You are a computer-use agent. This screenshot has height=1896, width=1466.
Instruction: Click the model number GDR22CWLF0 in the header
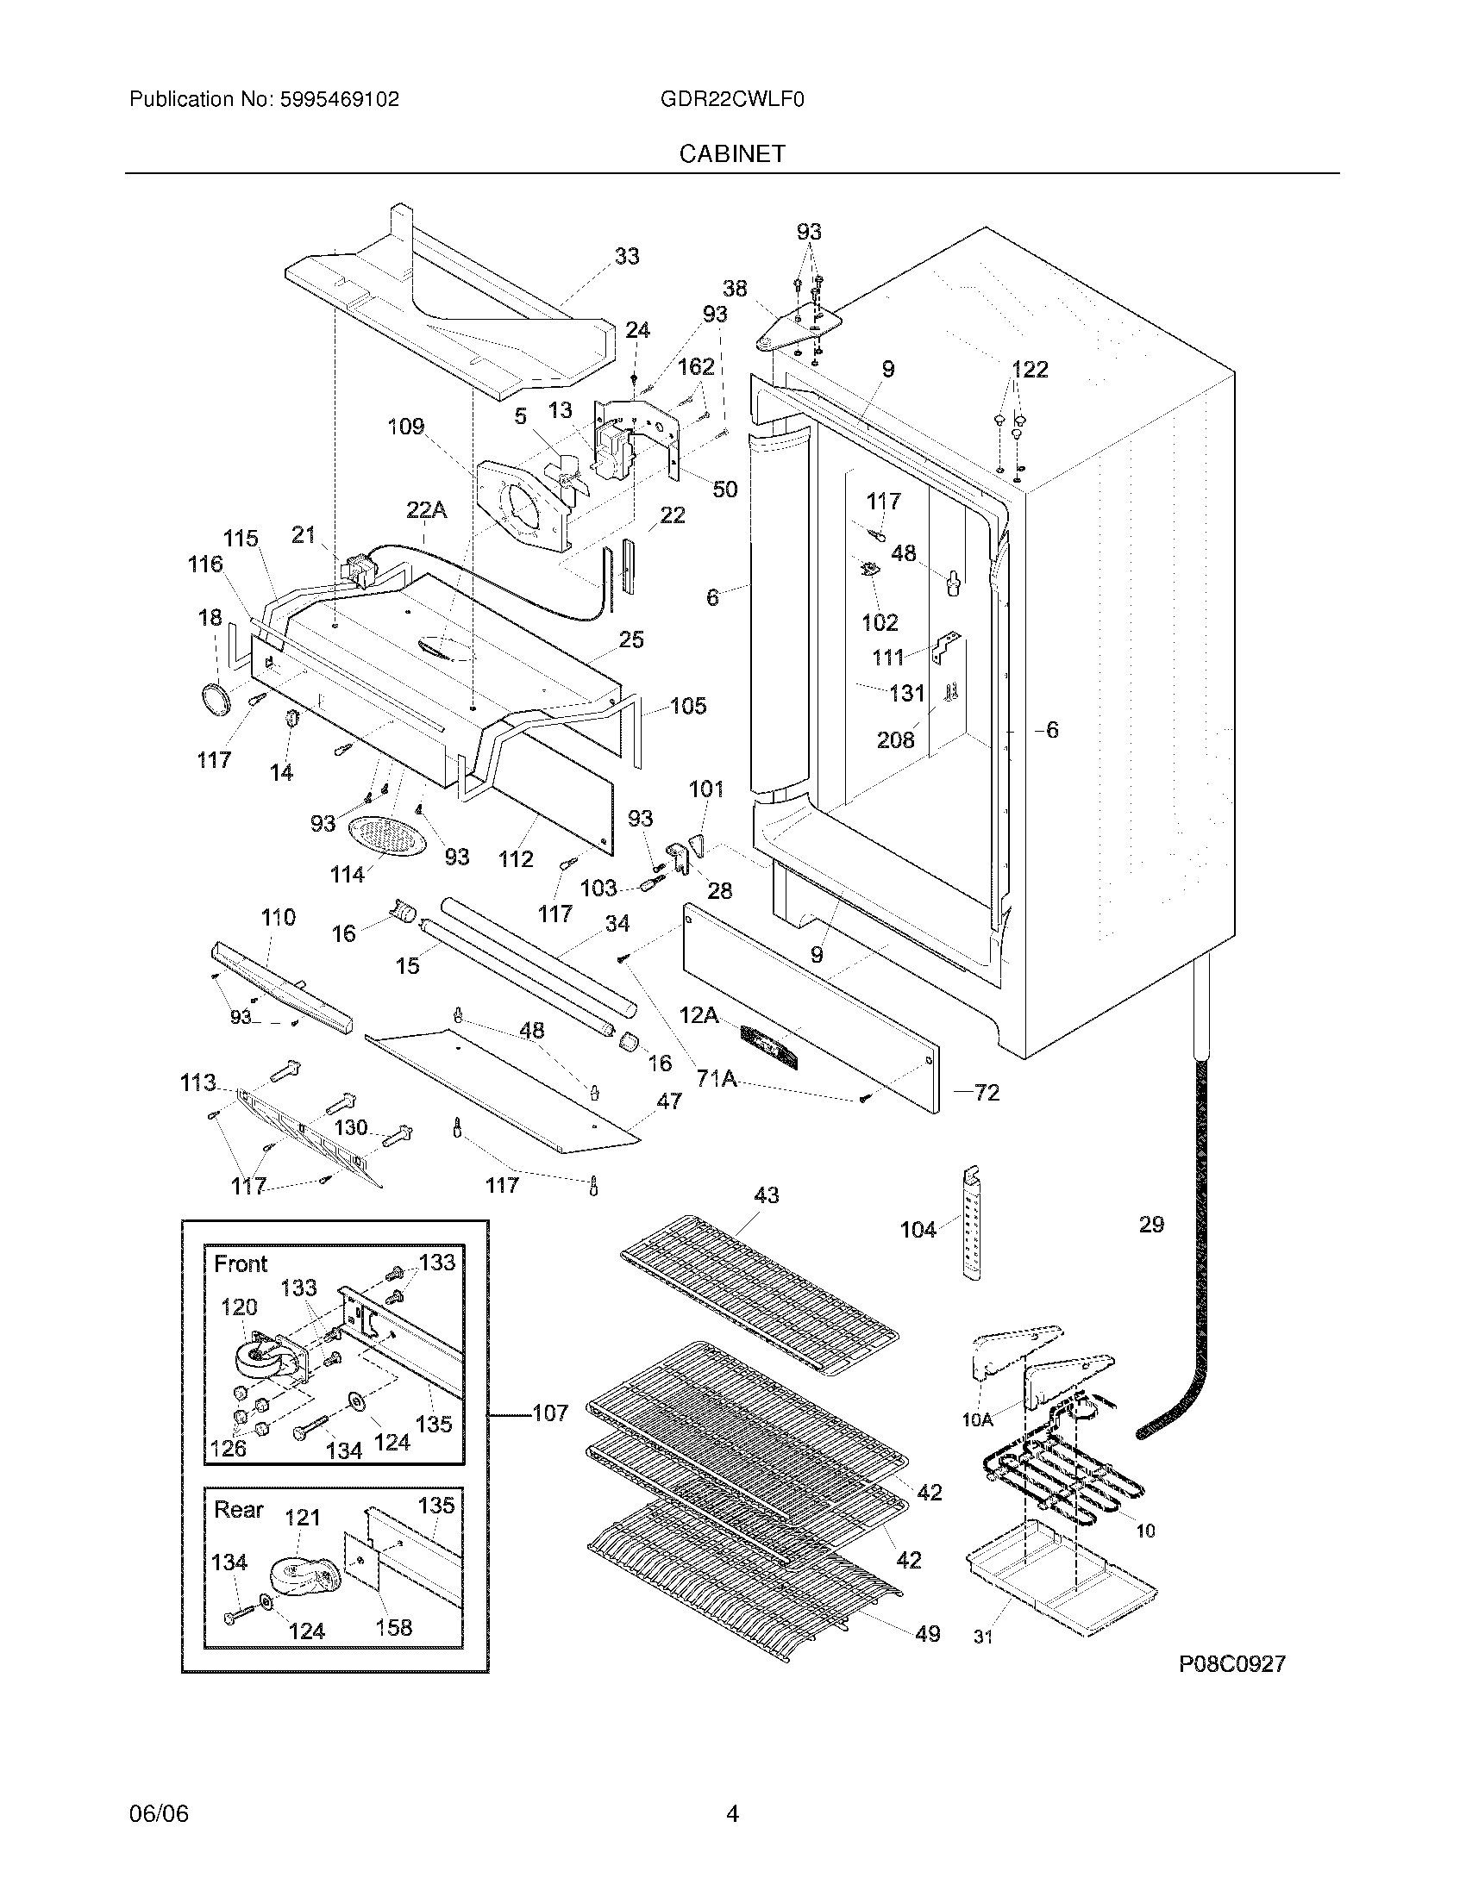(x=732, y=100)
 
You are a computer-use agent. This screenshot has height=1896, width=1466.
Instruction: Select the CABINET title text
(x=732, y=153)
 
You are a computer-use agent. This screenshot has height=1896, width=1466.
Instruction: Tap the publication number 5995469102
(x=340, y=100)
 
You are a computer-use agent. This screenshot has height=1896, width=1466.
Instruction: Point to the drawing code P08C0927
(x=1231, y=1664)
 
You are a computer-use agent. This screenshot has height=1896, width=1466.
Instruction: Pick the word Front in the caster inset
(x=241, y=1264)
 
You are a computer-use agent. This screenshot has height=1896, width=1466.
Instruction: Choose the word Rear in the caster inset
(x=238, y=1510)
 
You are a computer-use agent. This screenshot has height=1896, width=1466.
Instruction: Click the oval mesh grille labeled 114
(x=389, y=838)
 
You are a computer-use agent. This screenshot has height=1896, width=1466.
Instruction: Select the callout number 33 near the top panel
(x=627, y=256)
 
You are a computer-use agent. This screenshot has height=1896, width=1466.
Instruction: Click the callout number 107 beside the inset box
(x=550, y=1413)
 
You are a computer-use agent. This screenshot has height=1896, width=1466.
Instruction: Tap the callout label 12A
(x=699, y=1014)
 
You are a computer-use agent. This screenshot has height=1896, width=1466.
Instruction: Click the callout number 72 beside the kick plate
(x=987, y=1093)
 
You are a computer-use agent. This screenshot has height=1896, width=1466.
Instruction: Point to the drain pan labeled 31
(x=1061, y=1573)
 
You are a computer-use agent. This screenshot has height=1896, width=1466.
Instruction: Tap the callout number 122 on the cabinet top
(x=1030, y=369)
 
